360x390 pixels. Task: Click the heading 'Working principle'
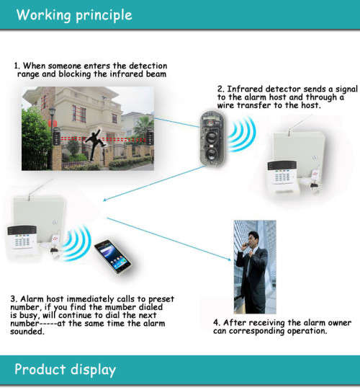75,14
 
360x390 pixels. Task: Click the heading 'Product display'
65,370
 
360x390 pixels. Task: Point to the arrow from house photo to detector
176,120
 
